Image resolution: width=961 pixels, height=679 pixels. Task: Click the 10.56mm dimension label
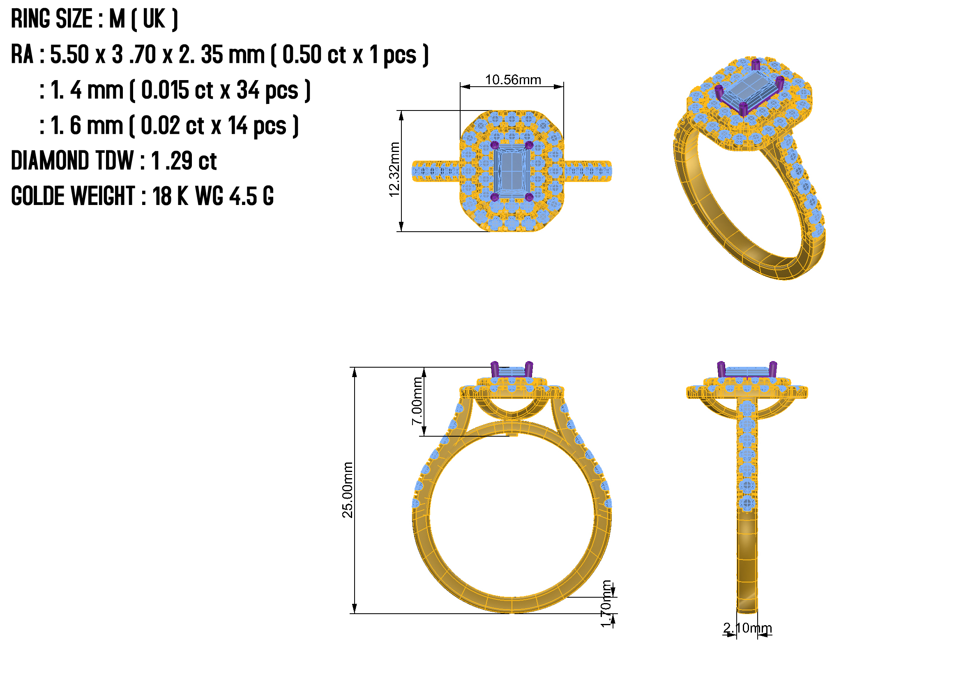(513, 80)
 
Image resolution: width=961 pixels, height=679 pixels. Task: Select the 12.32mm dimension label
(394, 169)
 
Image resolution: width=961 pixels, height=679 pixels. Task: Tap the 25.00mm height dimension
(348, 490)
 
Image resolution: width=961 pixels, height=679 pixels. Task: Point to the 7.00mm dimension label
(417, 401)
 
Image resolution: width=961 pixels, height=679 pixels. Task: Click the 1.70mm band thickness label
(606, 604)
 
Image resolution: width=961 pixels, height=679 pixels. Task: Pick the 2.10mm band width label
(747, 628)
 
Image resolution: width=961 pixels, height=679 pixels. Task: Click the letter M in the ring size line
(117, 19)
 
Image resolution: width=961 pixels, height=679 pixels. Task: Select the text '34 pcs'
(268, 90)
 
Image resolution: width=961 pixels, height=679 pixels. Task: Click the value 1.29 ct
(184, 161)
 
